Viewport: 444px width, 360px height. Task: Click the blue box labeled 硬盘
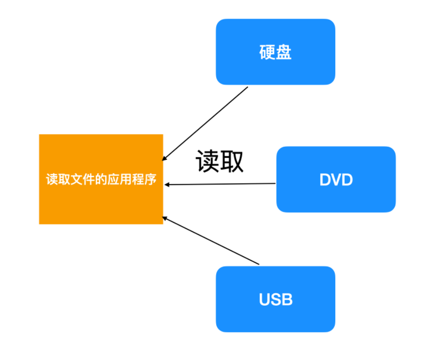coord(275,52)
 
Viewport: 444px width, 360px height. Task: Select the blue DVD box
coord(336,179)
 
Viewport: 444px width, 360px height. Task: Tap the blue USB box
coord(275,299)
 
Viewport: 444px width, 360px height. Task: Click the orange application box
coord(101,179)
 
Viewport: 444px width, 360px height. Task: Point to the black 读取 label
coord(219,161)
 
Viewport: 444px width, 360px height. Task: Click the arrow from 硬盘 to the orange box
coord(205,124)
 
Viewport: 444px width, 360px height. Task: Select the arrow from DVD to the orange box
coord(220,184)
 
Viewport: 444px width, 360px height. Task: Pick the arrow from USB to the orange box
coord(211,241)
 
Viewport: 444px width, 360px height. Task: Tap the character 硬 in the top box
coord(267,52)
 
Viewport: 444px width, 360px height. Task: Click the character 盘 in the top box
coord(284,52)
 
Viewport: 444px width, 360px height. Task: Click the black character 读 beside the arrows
coord(208,161)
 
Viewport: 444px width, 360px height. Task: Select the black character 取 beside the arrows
coord(232,161)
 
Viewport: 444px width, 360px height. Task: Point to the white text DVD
coord(336,179)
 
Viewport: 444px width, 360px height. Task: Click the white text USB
coord(275,299)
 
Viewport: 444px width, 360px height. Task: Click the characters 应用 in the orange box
coord(120,179)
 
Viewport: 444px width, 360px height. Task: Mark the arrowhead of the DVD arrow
coord(167,185)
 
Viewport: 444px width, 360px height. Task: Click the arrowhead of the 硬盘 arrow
coord(164,159)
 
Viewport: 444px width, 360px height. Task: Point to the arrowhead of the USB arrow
coord(164,218)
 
